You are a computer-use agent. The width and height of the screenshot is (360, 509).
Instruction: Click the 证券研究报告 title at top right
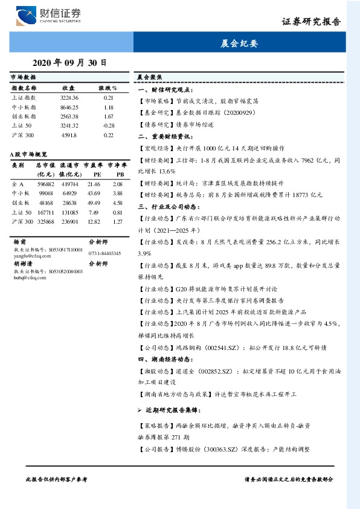(x=312, y=22)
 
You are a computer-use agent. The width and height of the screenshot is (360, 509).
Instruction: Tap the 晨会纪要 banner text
(x=240, y=44)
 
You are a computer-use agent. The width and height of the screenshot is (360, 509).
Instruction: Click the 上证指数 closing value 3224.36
(x=69, y=97)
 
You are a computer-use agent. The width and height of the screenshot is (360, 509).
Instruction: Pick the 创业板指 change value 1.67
(x=109, y=116)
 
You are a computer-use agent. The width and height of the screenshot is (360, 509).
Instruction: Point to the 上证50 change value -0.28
(x=109, y=125)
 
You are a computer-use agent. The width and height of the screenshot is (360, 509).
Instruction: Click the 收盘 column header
(x=68, y=88)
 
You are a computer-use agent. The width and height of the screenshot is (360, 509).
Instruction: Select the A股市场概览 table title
(x=30, y=155)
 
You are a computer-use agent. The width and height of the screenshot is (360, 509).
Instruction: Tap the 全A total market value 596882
(x=46, y=183)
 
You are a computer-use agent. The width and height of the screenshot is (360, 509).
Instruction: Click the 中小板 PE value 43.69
(x=94, y=193)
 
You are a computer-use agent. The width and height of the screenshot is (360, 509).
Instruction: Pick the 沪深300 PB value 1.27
(x=118, y=221)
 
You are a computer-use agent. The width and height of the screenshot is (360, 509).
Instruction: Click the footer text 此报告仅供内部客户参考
(x=57, y=478)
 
